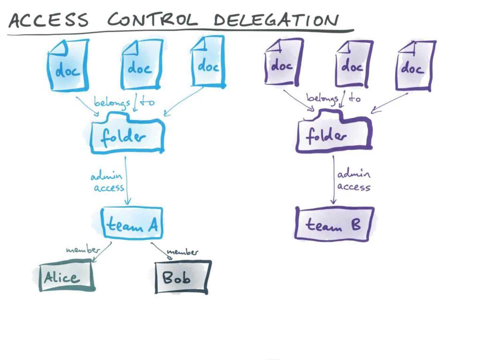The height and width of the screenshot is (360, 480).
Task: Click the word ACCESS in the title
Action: [49, 20]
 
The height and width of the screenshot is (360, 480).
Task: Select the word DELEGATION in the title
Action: [276, 20]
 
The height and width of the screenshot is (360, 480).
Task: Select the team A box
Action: [132, 223]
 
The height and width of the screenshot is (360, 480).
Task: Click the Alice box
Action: [66, 277]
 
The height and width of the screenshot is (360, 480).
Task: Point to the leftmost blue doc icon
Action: [68, 65]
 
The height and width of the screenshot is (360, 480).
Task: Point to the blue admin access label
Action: [107, 182]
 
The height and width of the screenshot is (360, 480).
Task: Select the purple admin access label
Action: [353, 181]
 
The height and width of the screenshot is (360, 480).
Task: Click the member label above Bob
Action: [182, 252]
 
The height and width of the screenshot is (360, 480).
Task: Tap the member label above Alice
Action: [82, 249]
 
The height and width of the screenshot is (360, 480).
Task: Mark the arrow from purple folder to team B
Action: [333, 180]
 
